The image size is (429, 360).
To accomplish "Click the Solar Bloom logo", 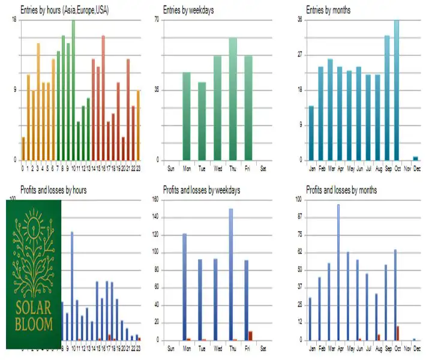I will [34, 274].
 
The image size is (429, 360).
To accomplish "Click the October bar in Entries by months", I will [396, 90].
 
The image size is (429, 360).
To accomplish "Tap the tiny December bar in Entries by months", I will [415, 158].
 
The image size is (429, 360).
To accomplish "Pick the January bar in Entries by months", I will [311, 133].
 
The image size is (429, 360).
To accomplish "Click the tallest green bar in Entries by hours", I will [73, 90].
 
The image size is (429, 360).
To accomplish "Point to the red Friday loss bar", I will [250, 335].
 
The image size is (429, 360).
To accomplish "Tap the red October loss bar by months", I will [398, 333].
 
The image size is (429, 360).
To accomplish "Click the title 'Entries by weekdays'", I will [189, 11].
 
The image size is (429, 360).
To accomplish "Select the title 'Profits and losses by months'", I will [341, 190].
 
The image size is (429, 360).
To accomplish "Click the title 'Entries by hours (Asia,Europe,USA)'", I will [61, 11].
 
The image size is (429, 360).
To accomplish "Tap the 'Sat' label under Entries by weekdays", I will [263, 167].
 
